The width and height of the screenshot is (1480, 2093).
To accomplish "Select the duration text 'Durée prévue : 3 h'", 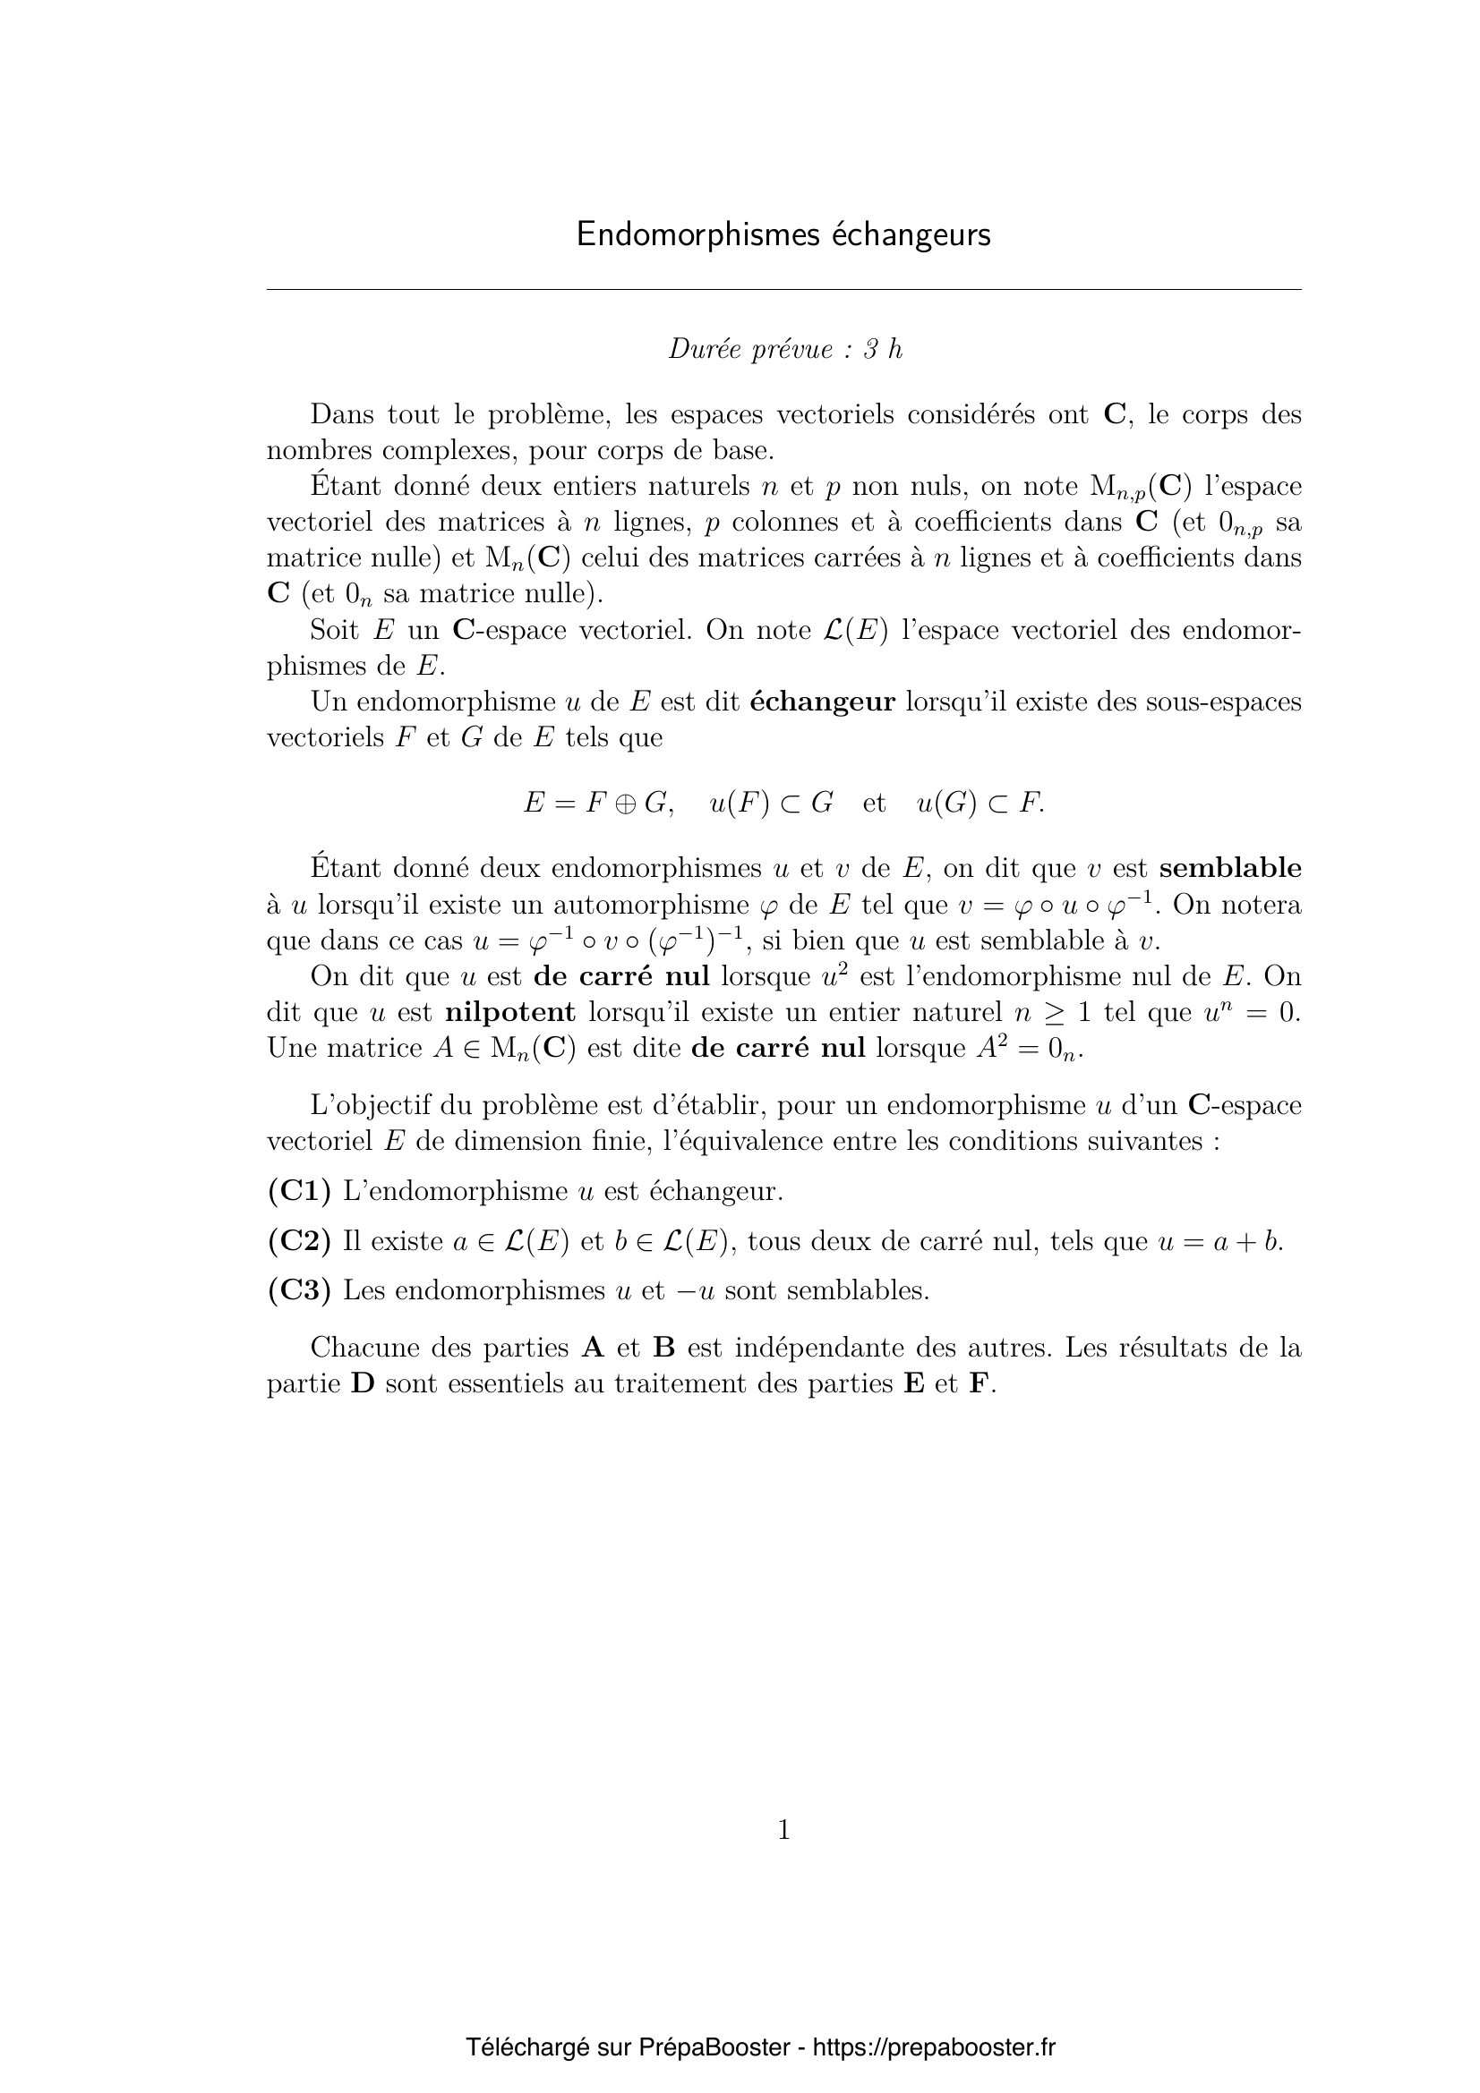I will pos(785,350).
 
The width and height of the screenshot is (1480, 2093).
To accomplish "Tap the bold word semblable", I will pos(1230,869).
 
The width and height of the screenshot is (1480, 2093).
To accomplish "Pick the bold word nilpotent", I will pos(510,1012).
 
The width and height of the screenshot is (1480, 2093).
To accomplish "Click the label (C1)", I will pos(299,1190).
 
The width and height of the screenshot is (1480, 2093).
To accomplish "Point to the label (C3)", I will pos(299,1291).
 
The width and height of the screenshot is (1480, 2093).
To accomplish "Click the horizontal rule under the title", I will pos(784,290).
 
